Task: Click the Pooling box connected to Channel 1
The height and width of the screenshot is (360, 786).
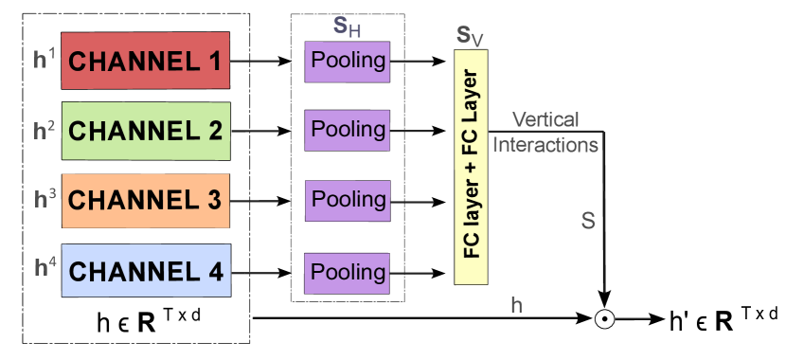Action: pos(347,61)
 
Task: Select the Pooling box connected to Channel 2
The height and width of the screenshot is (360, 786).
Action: pos(347,129)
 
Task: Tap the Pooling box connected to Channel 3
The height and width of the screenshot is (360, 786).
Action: pos(347,200)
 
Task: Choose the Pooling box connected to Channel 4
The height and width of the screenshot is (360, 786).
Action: pos(347,273)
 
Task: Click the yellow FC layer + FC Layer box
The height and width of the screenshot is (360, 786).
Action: pos(471,167)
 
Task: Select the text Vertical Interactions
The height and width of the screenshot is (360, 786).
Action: pos(545,133)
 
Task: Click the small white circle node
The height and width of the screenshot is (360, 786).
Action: pos(604,318)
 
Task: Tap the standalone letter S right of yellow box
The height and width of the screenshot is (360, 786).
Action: pos(588,222)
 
